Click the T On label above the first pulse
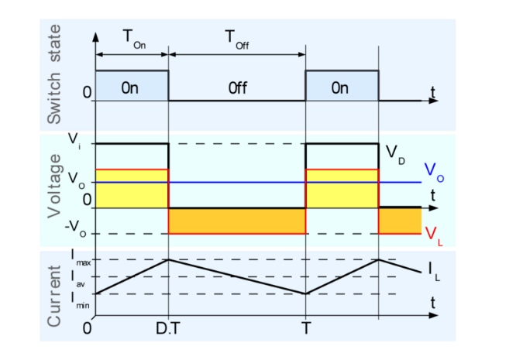tap(134, 39)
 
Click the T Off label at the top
tap(237, 39)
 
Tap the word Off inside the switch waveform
tap(238, 88)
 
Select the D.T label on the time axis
tap(167, 328)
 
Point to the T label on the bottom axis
tap(306, 328)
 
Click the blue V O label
tap(434, 172)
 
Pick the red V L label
tap(434, 236)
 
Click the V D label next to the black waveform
tap(395, 155)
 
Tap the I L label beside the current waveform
tap(434, 272)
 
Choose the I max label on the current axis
tap(81, 258)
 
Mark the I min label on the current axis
tap(81, 300)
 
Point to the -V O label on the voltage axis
tap(76, 228)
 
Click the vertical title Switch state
tap(54, 74)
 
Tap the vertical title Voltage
tap(54, 186)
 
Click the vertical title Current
tap(54, 296)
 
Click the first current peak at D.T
tap(168, 259)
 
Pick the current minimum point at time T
tap(305, 294)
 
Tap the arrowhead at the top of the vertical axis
tap(95, 36)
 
